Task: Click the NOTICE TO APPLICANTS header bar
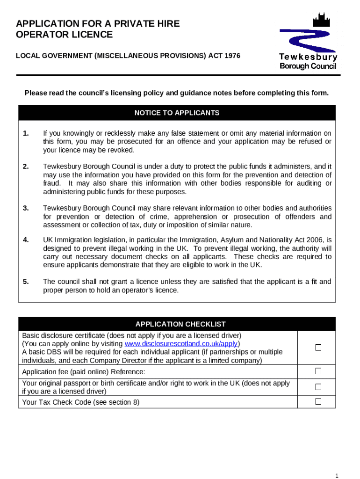177,113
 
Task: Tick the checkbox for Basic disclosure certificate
318,348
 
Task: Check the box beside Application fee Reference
318,371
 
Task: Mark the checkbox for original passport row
318,387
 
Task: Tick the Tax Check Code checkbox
318,401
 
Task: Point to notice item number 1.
26,133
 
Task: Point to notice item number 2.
26,167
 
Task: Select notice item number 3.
26,208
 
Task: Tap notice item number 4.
26,240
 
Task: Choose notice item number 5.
26,282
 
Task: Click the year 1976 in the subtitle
232,56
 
